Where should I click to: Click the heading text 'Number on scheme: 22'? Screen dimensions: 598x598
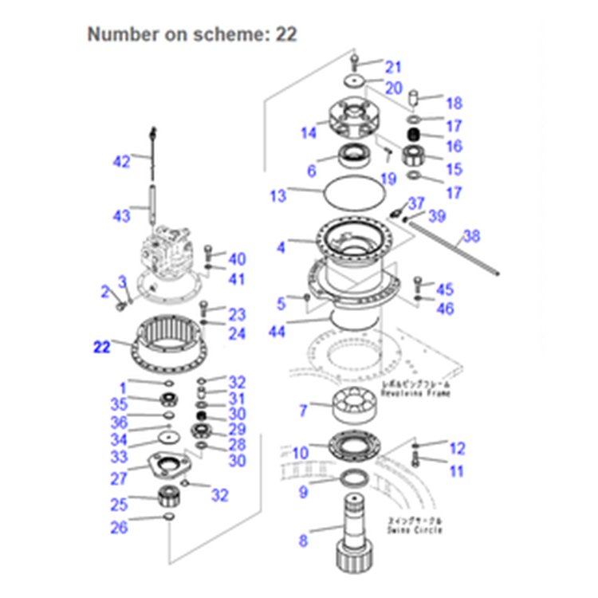pos(191,33)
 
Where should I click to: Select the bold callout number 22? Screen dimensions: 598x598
pos(102,347)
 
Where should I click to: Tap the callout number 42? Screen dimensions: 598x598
pos(120,162)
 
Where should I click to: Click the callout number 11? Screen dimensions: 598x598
pos(456,471)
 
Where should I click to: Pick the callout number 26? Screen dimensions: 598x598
pos(119,527)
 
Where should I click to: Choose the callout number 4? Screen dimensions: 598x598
pos(281,248)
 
